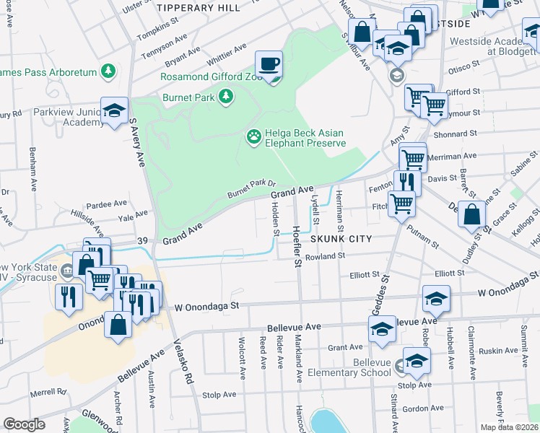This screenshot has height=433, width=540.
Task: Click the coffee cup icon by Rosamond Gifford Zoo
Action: (x=269, y=64)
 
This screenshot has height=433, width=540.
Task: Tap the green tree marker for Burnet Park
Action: (x=226, y=95)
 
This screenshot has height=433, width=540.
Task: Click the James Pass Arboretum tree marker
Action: (x=108, y=71)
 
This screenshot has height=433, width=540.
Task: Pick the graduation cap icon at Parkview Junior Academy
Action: (x=115, y=110)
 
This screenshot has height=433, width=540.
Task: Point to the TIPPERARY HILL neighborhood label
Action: (x=199, y=8)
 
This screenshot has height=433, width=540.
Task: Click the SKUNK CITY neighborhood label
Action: (x=341, y=239)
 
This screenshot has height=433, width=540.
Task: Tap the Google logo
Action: (x=24, y=424)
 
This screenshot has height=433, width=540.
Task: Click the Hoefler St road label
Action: (x=297, y=245)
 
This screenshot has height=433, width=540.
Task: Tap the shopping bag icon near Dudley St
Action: (x=471, y=214)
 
